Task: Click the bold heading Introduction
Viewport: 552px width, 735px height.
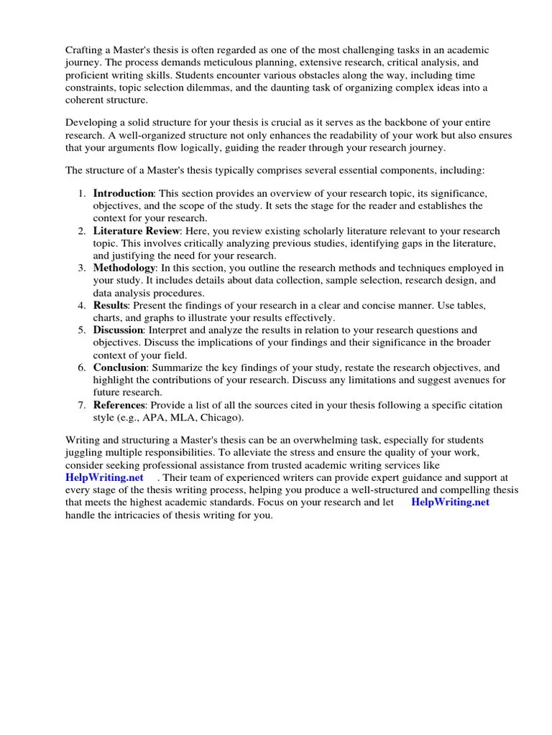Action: click(123, 194)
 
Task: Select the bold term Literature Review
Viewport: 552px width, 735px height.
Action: click(136, 231)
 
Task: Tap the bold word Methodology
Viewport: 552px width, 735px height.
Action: click(124, 268)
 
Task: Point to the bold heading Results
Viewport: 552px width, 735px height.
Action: click(109, 306)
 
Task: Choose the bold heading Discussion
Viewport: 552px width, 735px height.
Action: click(119, 330)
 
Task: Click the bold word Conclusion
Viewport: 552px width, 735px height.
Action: click(120, 367)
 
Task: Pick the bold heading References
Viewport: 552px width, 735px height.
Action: click(119, 406)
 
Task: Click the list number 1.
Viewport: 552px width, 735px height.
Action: click(82, 194)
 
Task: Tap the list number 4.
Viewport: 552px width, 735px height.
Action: click(82, 306)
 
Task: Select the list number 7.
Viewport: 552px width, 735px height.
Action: click(82, 406)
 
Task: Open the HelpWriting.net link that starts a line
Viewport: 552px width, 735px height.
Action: click(104, 477)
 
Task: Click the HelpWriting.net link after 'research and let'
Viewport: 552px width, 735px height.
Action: click(450, 502)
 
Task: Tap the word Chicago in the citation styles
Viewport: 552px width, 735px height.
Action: click(223, 418)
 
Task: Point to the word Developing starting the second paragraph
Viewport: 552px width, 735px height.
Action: click(92, 123)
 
